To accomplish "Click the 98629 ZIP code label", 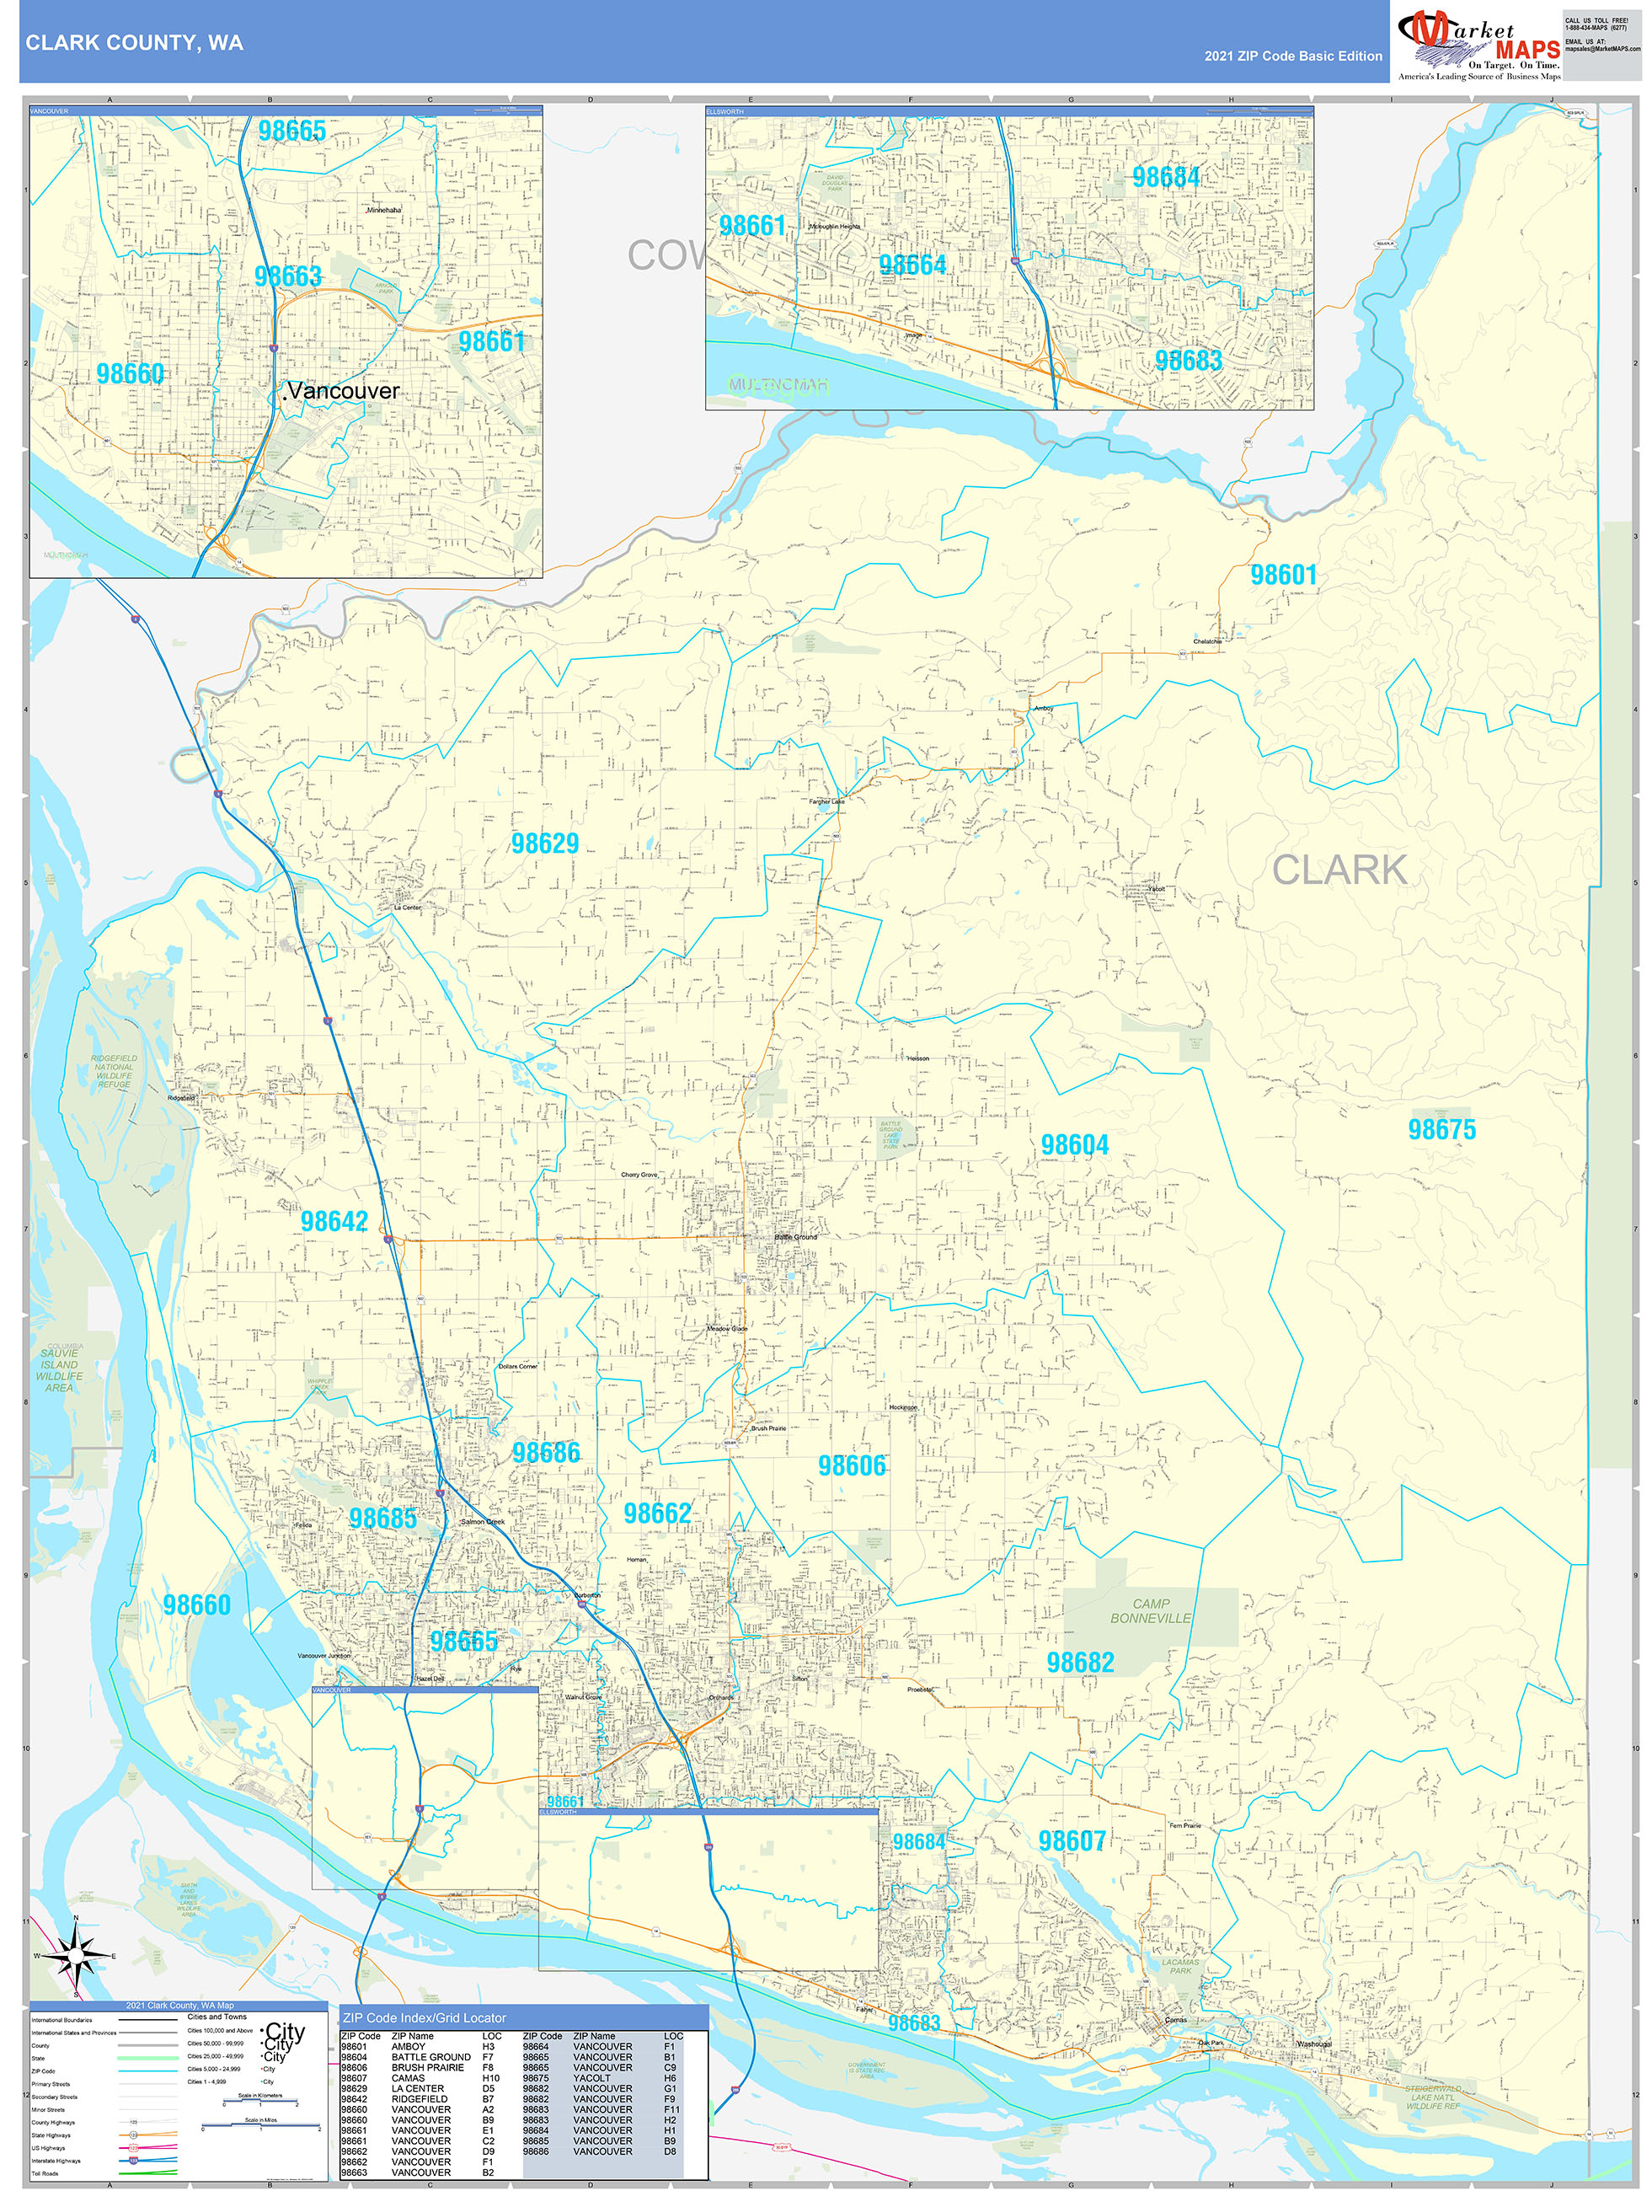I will (545, 843).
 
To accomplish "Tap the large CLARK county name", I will (1339, 870).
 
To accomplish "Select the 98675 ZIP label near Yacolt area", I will (1441, 1129).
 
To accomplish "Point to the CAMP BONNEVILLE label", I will (1150, 1610).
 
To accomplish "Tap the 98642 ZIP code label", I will (334, 1221).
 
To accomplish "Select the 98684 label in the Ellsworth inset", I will (1166, 177).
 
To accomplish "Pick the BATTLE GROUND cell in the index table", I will (430, 2057).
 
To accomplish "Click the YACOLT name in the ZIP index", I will (591, 2078).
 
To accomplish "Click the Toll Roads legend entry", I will (45, 2173).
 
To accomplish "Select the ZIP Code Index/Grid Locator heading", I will (424, 2017).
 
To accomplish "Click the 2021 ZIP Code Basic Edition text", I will (1292, 56).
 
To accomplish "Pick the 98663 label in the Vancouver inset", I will (287, 276).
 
